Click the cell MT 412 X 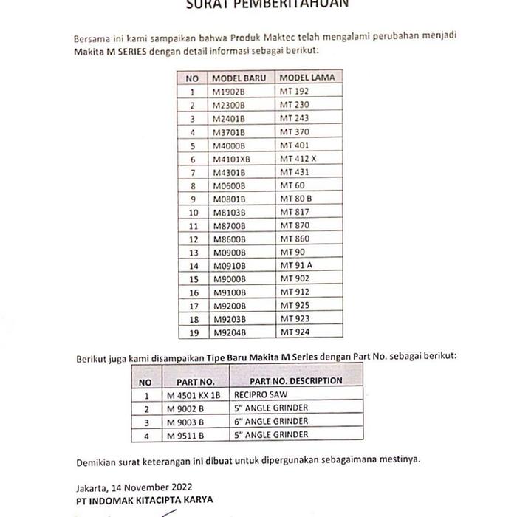298,159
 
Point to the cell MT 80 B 296,199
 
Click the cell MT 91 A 295,265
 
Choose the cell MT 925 293,305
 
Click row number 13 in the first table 193,252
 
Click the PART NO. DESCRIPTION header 295,381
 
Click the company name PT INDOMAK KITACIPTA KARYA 144,500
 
